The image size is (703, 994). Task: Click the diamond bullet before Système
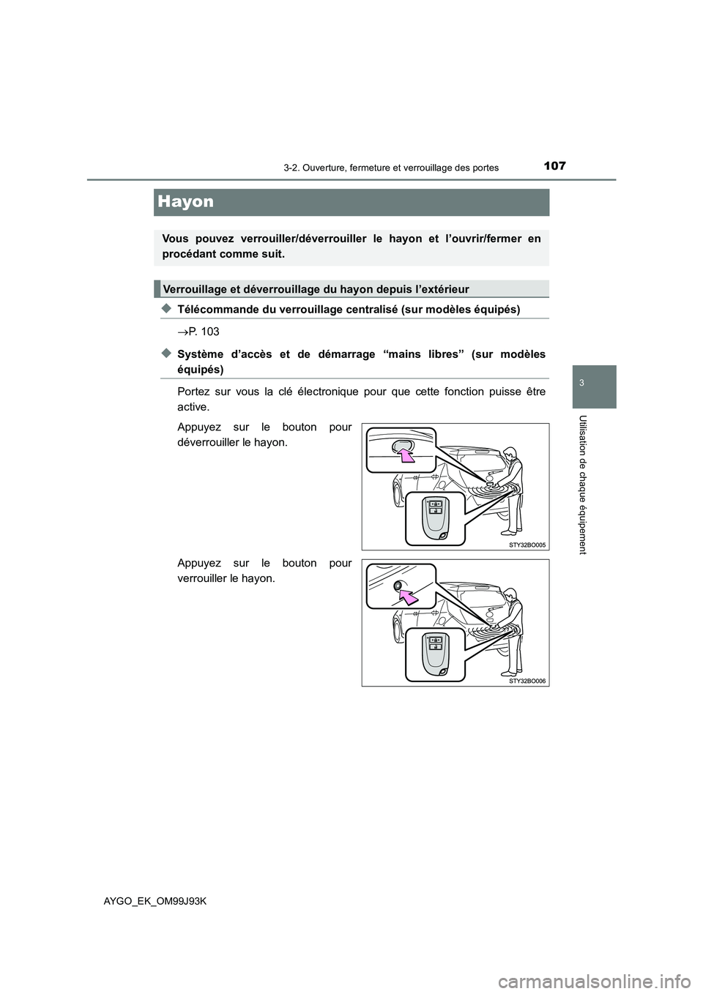point(165,354)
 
